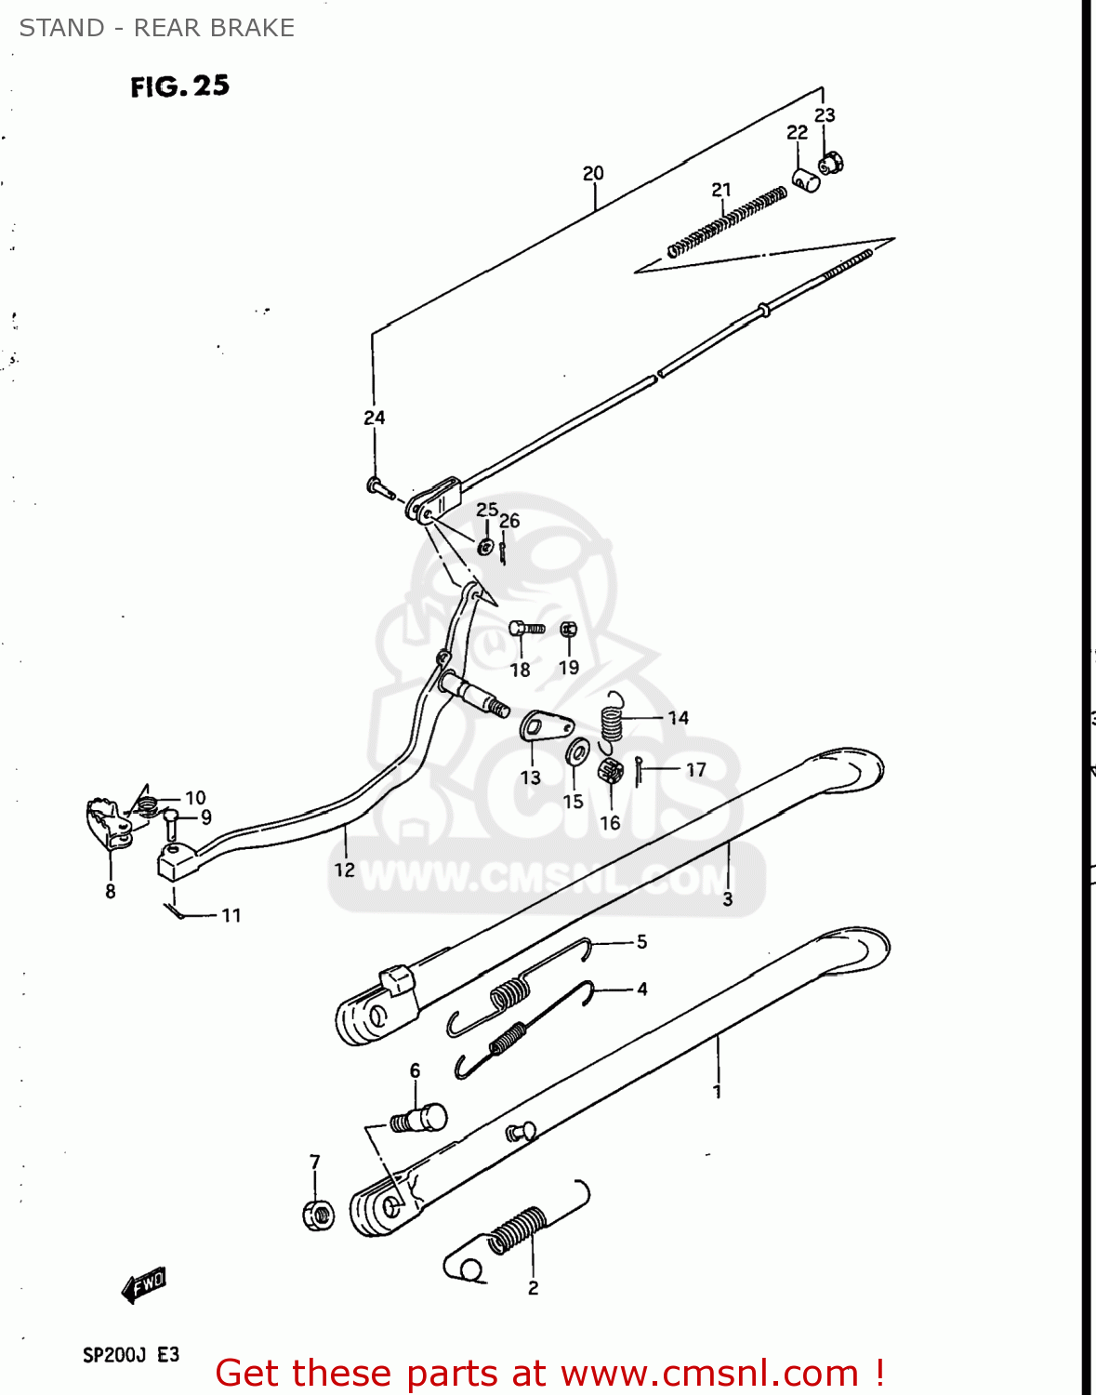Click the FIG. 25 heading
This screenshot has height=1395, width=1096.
pos(179,86)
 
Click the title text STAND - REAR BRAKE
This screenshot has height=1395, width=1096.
pos(156,28)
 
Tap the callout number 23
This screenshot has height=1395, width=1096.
pos(825,115)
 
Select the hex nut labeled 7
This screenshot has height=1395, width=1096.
pos(318,1215)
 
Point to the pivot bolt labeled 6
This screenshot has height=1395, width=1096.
pos(419,1119)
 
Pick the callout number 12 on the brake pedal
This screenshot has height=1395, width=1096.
pos(344,870)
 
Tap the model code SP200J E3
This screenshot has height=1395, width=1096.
pos(131,1354)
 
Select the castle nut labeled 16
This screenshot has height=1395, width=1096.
pos(610,770)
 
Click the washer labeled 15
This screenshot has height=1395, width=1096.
pos(577,750)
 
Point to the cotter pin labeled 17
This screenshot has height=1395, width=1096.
pos(640,770)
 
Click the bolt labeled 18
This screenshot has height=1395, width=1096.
pos(526,630)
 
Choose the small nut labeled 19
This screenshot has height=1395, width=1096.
pos(569,630)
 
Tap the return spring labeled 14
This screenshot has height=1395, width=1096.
pos(611,719)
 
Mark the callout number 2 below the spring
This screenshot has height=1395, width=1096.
pos(533,1288)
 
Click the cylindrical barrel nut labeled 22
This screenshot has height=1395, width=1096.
pos(806,179)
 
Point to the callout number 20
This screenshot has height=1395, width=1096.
pos(593,173)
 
